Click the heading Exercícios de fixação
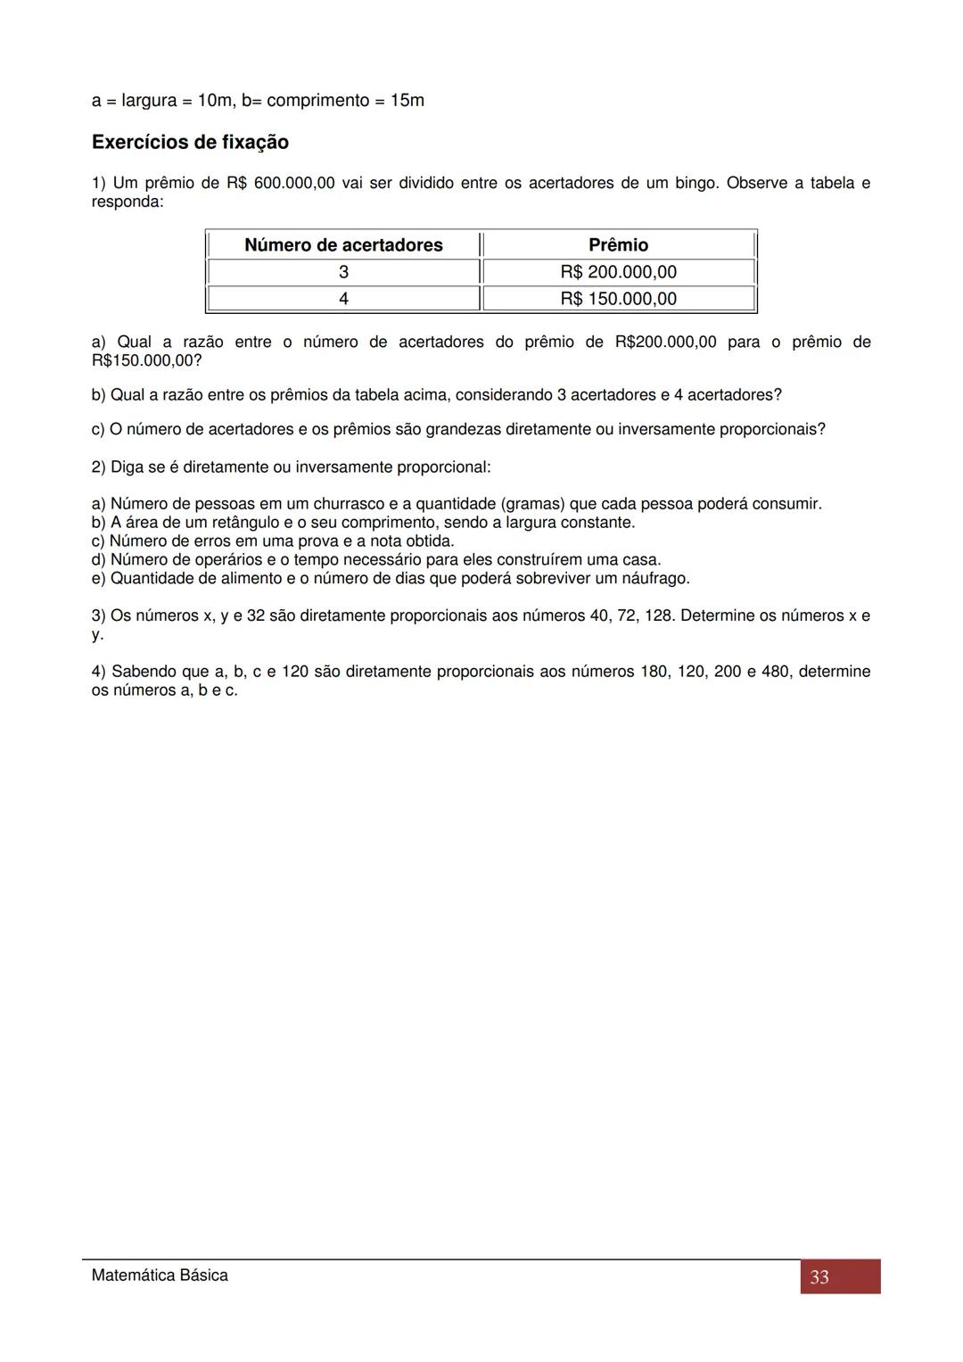[190, 143]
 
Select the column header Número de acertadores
[343, 245]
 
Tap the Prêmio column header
[618, 245]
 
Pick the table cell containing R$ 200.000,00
[618, 272]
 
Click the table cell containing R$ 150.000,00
[618, 299]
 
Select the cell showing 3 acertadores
[343, 272]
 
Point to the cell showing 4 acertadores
[343, 299]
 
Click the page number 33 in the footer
[819, 1277]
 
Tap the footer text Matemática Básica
[160, 1275]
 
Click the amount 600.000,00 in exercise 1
[294, 183]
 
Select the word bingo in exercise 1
[695, 183]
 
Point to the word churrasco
[349, 504]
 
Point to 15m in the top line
[407, 101]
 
